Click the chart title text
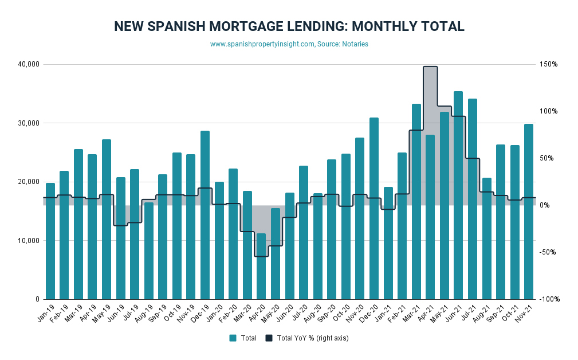289,26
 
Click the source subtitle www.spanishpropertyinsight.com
289,44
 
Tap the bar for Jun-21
458,195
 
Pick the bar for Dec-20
373,208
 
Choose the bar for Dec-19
205,215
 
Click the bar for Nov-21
528,212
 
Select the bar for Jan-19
50,241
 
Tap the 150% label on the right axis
548,64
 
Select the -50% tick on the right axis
548,252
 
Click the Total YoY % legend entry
306,338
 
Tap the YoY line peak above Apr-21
430,66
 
